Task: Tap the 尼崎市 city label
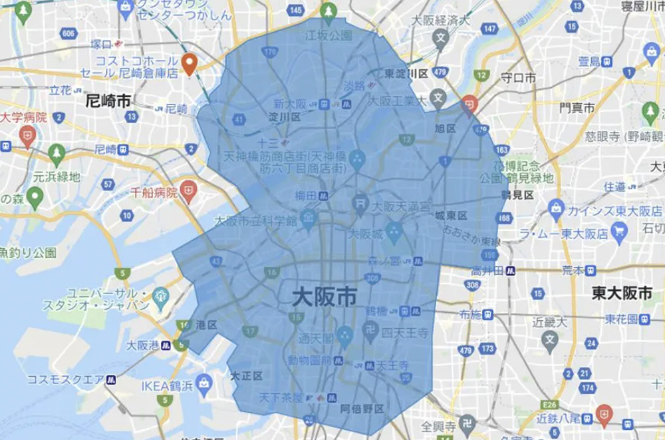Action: click(x=108, y=101)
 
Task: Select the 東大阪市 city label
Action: click(x=623, y=292)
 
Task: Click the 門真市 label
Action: click(x=577, y=107)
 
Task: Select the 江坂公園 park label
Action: click(x=328, y=35)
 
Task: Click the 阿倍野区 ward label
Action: click(x=362, y=409)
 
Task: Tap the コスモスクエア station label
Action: click(x=65, y=379)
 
